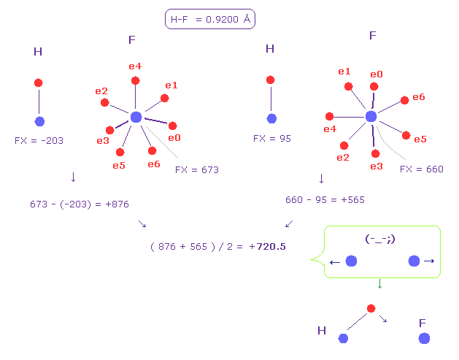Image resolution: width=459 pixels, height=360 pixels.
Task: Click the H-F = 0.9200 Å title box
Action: [x=210, y=20]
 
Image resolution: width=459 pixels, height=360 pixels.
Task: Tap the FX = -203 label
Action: [x=39, y=139]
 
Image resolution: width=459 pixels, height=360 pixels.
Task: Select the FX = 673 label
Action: [x=197, y=169]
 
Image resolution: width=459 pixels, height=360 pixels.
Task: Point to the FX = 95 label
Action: [x=272, y=137]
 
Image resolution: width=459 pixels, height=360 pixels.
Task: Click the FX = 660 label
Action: [x=422, y=169]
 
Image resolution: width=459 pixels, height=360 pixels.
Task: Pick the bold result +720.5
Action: [x=267, y=247]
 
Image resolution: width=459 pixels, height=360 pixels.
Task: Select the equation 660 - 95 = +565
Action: [x=325, y=199]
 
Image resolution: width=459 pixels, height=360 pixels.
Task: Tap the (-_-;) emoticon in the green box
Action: [x=380, y=239]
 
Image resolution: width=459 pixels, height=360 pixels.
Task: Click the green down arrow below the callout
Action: [x=379, y=284]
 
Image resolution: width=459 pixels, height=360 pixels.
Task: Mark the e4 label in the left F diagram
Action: [x=135, y=66]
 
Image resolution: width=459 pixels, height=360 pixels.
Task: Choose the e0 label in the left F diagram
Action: [x=174, y=137]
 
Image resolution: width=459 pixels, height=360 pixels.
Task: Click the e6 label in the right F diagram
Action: [x=418, y=97]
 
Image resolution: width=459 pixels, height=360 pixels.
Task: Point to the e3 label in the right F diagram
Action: [x=377, y=166]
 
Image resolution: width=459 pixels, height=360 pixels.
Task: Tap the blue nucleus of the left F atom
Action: [x=136, y=117]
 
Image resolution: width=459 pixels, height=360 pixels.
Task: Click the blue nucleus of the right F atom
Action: [x=371, y=116]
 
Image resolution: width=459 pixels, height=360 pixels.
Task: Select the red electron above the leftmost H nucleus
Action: [x=38, y=83]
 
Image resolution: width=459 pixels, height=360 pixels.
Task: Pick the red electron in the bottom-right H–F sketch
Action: [x=371, y=308]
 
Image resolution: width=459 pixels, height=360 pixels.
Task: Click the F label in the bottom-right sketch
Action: [x=423, y=322]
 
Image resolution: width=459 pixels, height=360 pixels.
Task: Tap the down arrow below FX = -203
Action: [x=72, y=177]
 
